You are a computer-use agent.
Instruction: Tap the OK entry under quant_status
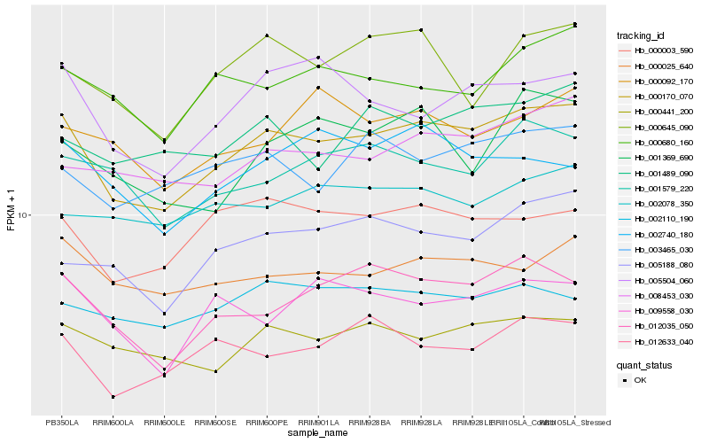(x=640, y=380)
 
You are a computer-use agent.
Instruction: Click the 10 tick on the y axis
(x=24, y=215)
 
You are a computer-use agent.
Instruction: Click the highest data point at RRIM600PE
(x=268, y=35)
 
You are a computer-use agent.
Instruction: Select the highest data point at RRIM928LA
(x=422, y=30)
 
